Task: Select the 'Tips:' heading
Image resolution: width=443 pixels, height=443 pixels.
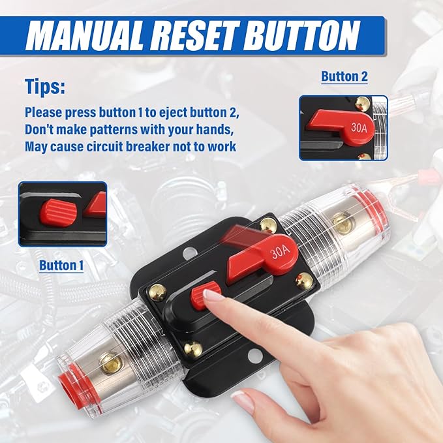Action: [x=46, y=86]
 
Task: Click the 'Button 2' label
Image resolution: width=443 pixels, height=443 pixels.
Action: [x=344, y=76]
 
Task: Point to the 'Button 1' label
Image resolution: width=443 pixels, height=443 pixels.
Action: [x=62, y=266]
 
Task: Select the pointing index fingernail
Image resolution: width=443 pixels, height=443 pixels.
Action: [x=213, y=296]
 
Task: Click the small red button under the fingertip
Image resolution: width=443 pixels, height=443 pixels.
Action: [x=200, y=298]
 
